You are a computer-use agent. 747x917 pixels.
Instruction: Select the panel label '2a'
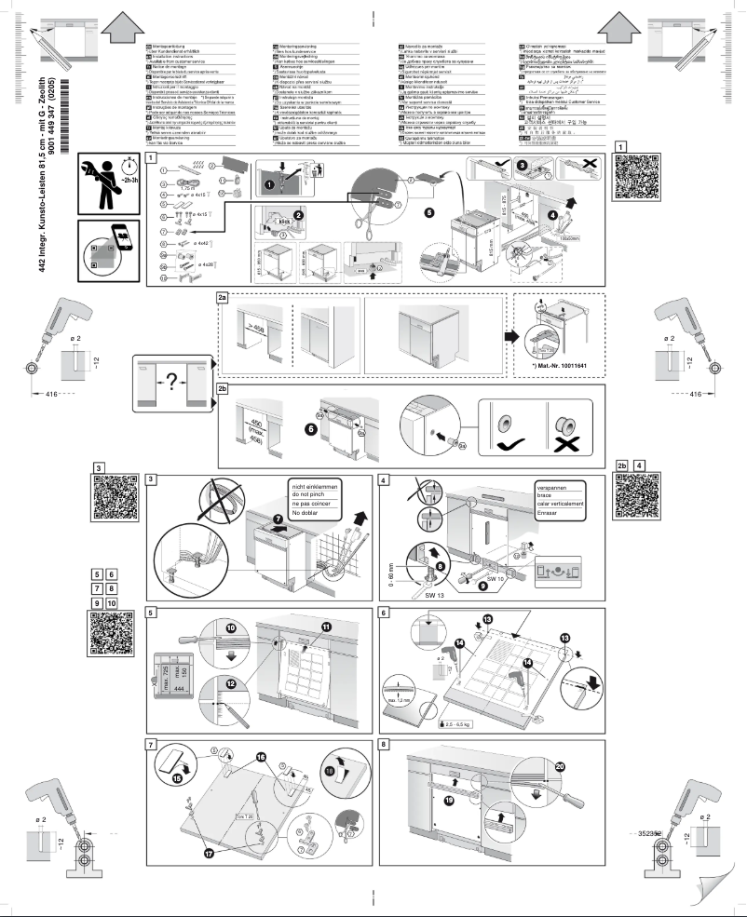click(x=222, y=297)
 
